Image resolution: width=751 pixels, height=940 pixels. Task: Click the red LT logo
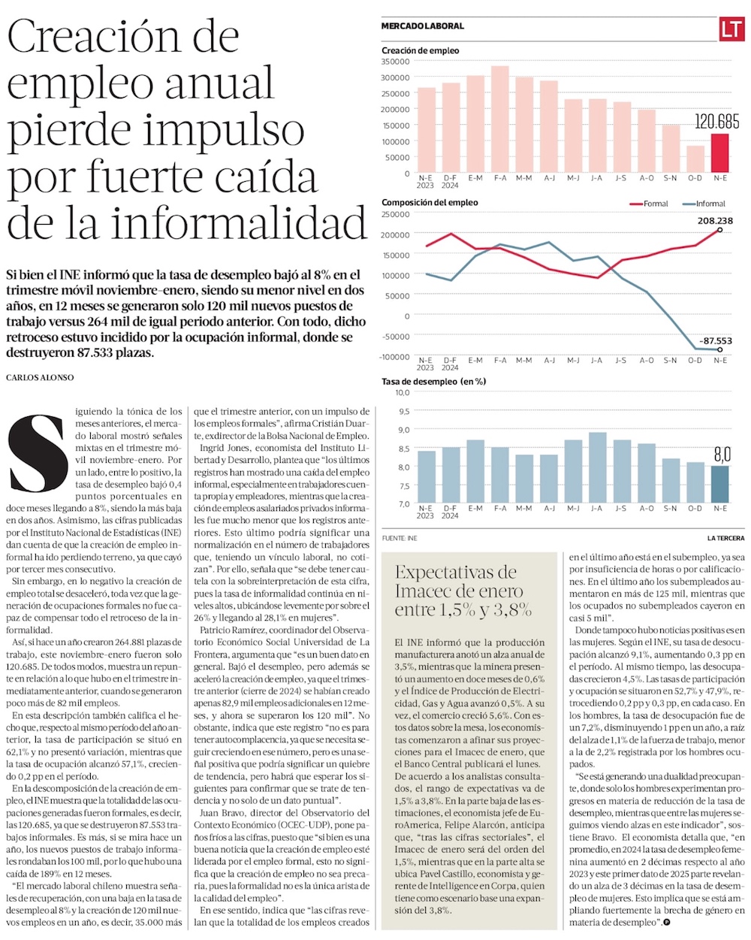[x=731, y=29]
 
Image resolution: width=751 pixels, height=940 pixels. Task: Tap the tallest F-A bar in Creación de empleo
[x=500, y=119]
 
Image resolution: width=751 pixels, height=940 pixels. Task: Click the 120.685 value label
[x=716, y=121]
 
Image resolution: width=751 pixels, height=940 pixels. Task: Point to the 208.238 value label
[x=714, y=221]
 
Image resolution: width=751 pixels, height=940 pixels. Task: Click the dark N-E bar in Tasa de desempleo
[x=719, y=485]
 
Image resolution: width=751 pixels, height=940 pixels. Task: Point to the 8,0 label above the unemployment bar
[x=722, y=454]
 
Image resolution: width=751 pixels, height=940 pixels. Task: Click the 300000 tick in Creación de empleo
[x=395, y=77]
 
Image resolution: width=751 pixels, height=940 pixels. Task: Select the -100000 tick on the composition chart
[x=395, y=356]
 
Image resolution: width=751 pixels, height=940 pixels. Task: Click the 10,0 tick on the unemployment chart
[x=402, y=392]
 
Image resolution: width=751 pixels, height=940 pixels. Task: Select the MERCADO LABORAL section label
[x=423, y=26]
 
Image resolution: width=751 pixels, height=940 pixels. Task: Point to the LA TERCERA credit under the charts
[x=725, y=538]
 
